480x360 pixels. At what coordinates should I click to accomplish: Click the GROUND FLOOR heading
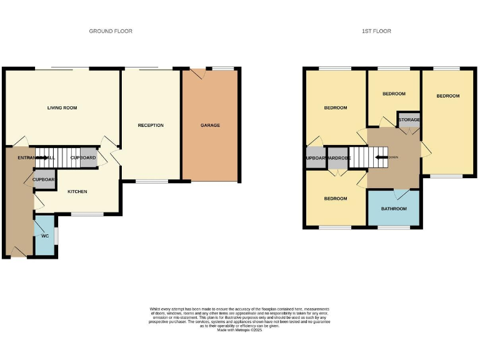[x=111, y=31]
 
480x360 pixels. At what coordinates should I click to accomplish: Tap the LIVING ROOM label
[x=62, y=108]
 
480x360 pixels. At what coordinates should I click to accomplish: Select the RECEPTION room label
[x=151, y=126]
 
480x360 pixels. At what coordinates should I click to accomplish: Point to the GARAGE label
[x=210, y=126]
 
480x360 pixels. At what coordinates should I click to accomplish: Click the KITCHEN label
[x=77, y=192]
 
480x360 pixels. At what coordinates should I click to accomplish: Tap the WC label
[x=45, y=236]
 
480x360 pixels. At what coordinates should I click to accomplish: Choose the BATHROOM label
[x=394, y=209]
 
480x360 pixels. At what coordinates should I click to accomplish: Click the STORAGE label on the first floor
[x=409, y=119]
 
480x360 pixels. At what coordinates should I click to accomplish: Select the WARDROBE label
[x=338, y=158]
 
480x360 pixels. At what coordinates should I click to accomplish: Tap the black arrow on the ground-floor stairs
[x=42, y=158]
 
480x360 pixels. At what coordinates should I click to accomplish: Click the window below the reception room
[x=151, y=182]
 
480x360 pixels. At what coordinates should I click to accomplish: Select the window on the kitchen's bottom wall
[x=87, y=214]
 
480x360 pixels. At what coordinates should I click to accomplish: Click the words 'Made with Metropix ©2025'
[x=239, y=329]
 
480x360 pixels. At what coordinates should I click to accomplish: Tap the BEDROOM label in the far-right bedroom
[x=447, y=96]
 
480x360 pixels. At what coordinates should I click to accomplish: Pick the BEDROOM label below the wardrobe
[x=335, y=199]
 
